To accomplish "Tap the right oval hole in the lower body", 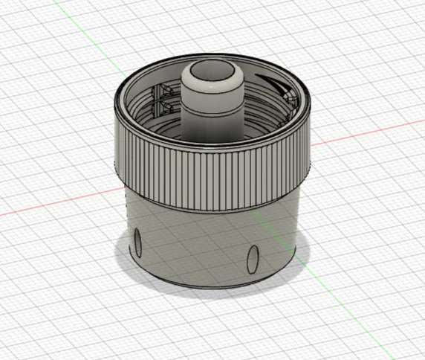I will [x=252, y=260].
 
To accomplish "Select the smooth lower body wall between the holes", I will [x=193, y=245].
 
